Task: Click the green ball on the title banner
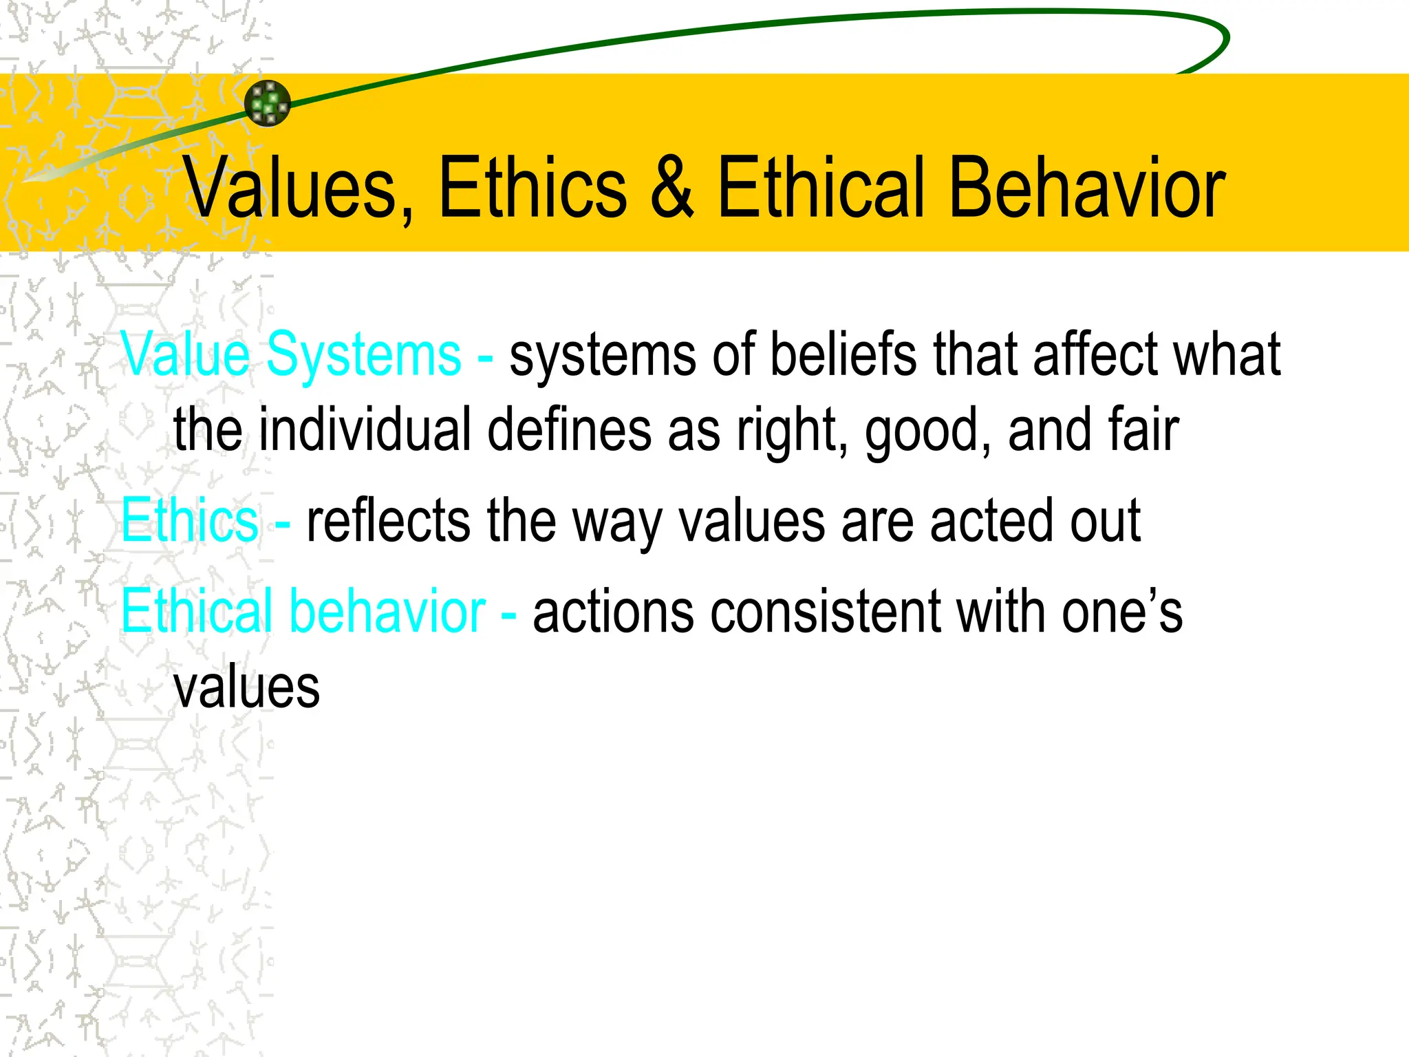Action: tap(268, 103)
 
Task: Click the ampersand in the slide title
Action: tap(672, 187)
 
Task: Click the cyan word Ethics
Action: tap(190, 521)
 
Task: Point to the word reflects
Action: tap(389, 521)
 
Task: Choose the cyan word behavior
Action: tap(387, 611)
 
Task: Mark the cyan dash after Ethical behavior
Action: tap(509, 612)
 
